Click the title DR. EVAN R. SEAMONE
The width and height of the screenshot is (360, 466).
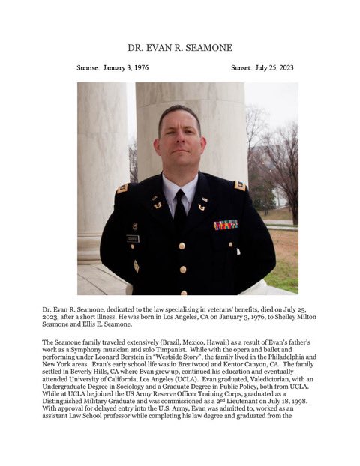click(x=180, y=47)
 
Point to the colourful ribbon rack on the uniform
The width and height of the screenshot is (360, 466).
click(x=225, y=224)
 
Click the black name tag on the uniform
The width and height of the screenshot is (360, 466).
click(x=133, y=238)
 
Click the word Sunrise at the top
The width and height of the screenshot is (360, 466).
click(x=93, y=67)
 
